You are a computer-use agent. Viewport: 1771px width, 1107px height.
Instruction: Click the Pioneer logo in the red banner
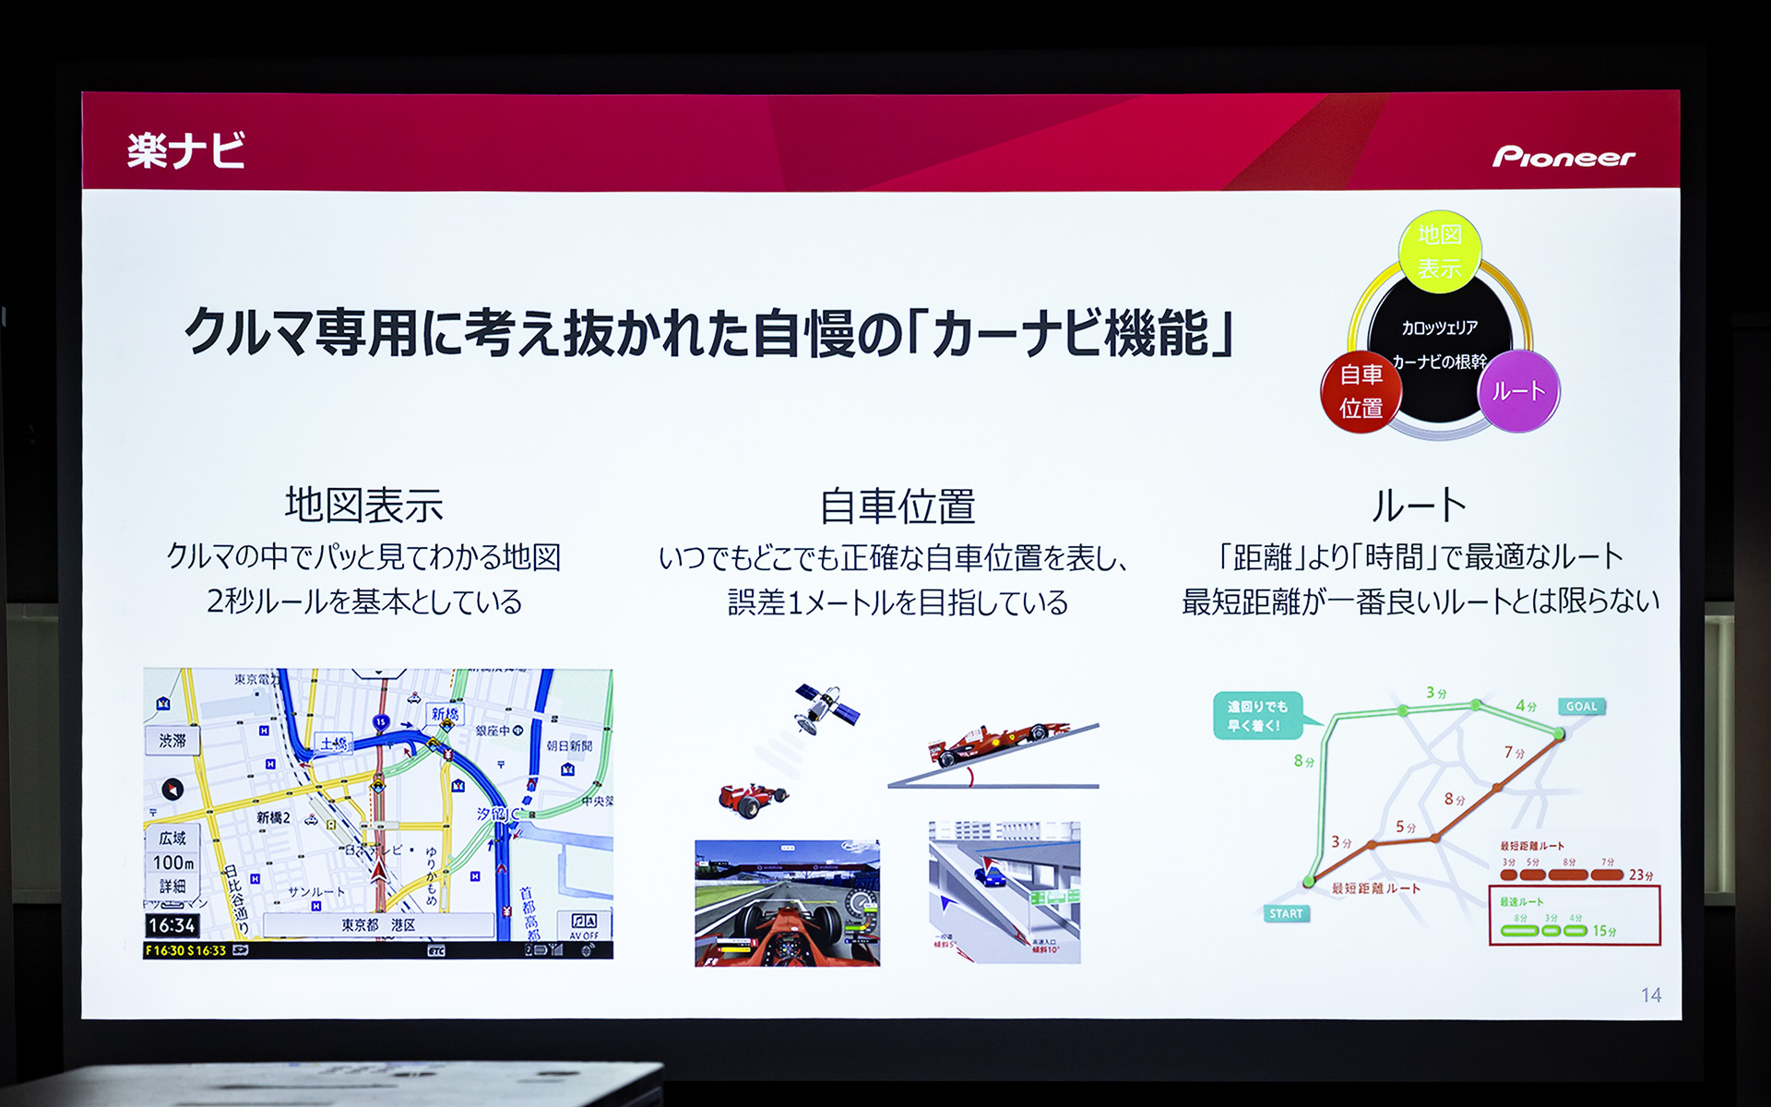[x=1563, y=157]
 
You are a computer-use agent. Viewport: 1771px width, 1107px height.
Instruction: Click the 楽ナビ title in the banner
[x=186, y=150]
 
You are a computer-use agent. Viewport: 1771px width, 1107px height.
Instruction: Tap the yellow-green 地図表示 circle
[x=1440, y=252]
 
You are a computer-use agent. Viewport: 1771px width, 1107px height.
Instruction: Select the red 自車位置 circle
[x=1361, y=391]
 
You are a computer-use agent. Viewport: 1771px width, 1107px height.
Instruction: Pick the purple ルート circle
[x=1518, y=391]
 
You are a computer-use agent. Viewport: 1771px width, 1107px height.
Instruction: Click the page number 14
[x=1651, y=995]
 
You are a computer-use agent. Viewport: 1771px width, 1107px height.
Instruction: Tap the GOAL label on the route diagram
[x=1581, y=707]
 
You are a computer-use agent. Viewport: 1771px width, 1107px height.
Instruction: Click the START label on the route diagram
[x=1286, y=913]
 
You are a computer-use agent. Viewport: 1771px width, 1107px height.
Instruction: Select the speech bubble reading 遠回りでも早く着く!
[x=1257, y=716]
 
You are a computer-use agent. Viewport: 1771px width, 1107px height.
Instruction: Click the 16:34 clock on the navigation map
[x=172, y=925]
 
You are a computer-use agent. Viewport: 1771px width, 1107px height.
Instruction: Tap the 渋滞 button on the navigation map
[x=172, y=741]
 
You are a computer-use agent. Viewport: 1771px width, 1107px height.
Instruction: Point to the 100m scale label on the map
[x=172, y=863]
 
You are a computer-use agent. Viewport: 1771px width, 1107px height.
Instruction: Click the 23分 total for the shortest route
[x=1641, y=875]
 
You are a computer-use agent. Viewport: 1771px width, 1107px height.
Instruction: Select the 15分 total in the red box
[x=1604, y=931]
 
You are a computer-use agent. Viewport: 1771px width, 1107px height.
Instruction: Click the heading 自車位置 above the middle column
[x=897, y=506]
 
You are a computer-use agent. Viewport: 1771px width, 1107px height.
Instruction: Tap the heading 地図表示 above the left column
[x=363, y=506]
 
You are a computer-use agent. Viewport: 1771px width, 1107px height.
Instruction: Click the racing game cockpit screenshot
[x=787, y=903]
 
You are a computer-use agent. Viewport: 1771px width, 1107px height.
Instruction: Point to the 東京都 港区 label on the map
[x=378, y=924]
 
